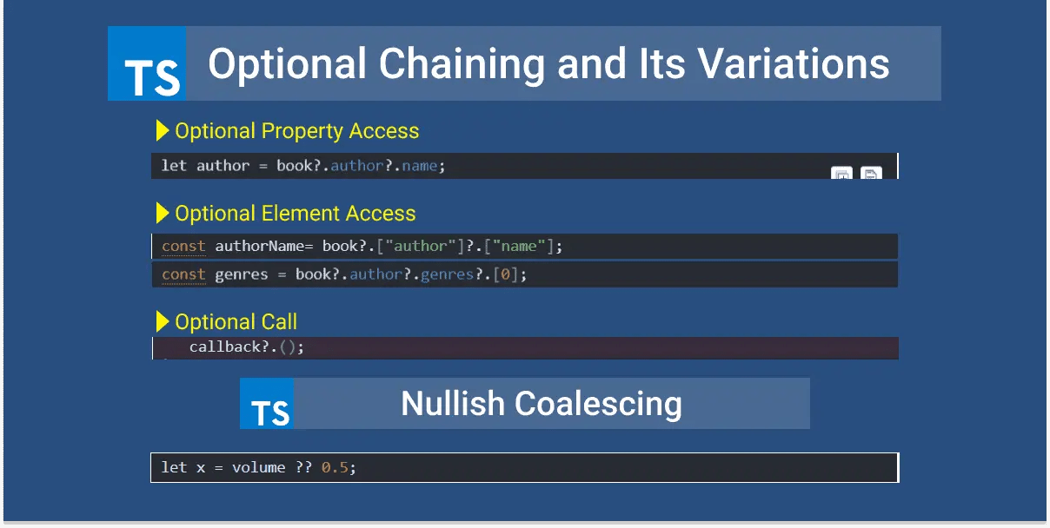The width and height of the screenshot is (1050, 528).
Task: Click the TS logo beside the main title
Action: click(x=147, y=64)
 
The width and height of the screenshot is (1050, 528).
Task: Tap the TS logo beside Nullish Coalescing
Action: click(x=267, y=404)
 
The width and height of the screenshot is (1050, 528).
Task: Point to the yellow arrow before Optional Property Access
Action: click(x=163, y=131)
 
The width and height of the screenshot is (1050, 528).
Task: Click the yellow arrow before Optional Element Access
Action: click(x=163, y=213)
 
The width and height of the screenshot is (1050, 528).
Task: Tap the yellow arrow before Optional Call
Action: click(x=163, y=321)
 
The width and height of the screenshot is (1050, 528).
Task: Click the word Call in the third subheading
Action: click(x=278, y=322)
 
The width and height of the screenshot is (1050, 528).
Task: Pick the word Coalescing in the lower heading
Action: click(x=598, y=404)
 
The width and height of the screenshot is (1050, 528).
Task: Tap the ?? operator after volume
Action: click(x=303, y=467)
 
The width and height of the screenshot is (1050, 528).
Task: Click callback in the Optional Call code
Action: click(x=225, y=346)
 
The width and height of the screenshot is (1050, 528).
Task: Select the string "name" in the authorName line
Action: click(x=520, y=247)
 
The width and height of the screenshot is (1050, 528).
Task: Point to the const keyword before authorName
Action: click(x=183, y=247)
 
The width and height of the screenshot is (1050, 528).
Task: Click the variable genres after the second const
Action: click(x=241, y=274)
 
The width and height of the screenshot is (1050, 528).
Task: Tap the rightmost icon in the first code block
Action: click(x=871, y=174)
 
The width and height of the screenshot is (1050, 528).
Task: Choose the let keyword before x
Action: click(x=174, y=467)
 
